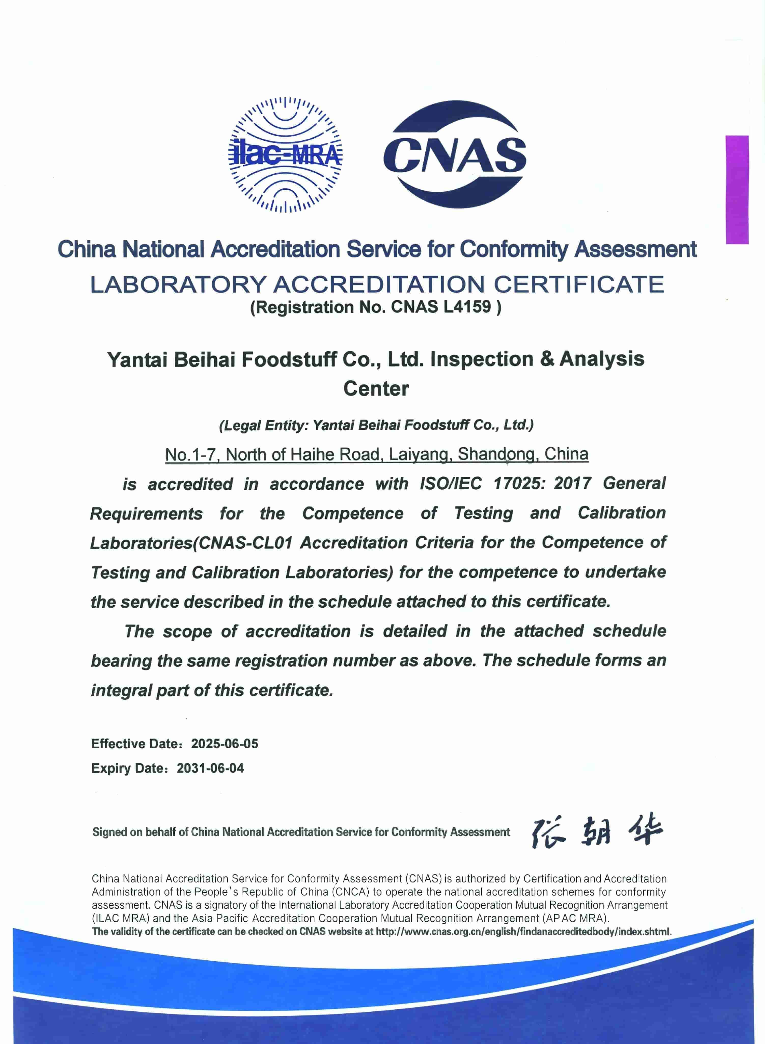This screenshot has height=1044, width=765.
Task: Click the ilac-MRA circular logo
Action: pyautogui.click(x=285, y=155)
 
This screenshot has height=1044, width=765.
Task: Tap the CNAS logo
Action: pyautogui.click(x=455, y=155)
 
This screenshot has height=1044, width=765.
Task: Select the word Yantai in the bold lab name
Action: pyautogui.click(x=137, y=359)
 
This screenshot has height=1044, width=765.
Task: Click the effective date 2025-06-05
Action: pyautogui.click(x=225, y=743)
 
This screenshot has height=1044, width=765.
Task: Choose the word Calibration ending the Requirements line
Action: pyautogui.click(x=621, y=513)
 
